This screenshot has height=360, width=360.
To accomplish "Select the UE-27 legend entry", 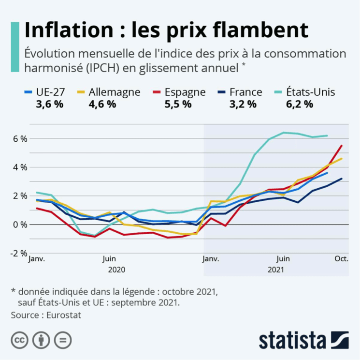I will (x=50, y=92).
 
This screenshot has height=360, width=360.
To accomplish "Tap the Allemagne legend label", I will (x=115, y=92).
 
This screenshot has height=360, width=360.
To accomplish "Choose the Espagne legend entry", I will (x=185, y=92).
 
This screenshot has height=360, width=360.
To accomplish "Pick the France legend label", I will (x=246, y=92).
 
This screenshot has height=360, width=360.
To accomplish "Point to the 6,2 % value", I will (x=298, y=104).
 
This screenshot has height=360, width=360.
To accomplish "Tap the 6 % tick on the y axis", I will (x=20, y=138).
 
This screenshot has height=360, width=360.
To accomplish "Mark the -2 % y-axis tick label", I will (x=19, y=254).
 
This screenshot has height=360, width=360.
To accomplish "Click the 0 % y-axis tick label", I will (x=20, y=225).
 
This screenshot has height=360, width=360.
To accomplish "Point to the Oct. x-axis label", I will (x=341, y=259).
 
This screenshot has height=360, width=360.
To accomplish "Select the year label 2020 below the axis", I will (x=117, y=270).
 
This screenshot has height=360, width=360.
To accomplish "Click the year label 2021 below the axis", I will (x=276, y=270).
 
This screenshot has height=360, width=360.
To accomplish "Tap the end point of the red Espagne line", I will (x=342, y=146).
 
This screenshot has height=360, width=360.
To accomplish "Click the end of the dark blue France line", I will (x=342, y=179).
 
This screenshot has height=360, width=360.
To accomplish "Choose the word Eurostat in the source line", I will (x=64, y=315).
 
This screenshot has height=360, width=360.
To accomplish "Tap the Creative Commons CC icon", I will (x=20, y=340).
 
